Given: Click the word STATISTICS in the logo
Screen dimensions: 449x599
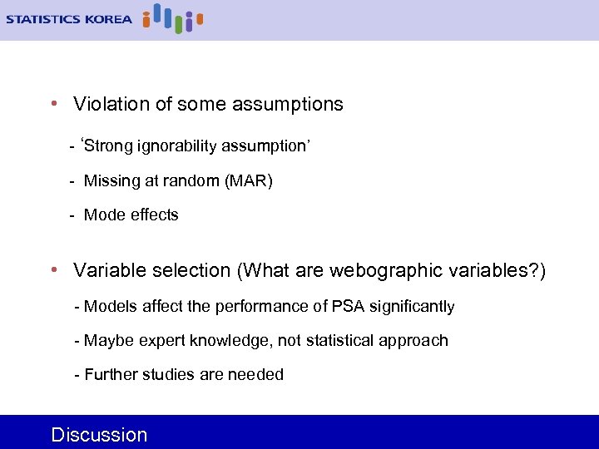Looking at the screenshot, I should point(42,19).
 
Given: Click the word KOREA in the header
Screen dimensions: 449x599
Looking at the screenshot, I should point(107,19).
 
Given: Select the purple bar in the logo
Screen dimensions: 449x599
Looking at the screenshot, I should point(189,22).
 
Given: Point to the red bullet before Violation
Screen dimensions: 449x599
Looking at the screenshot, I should point(53,104).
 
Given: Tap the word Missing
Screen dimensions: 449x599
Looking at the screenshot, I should point(111,180).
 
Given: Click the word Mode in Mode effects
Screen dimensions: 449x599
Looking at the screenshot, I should point(104,215).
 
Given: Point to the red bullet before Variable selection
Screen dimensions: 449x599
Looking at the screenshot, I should point(53,270).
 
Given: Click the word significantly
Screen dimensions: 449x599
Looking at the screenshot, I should point(411,307).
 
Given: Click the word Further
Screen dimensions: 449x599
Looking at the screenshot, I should point(111,375).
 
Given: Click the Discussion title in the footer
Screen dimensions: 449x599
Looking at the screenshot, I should point(99,434).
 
